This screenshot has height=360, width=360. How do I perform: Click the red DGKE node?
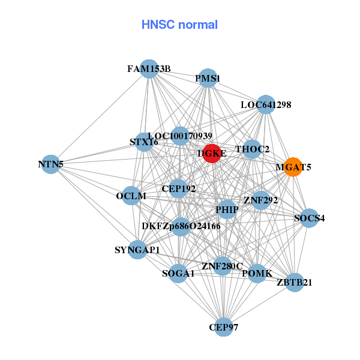pos(212,153)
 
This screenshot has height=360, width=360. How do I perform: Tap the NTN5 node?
pos(51,164)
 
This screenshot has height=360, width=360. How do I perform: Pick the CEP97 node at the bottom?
pos(223,327)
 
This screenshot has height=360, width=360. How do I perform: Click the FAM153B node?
pos(149,69)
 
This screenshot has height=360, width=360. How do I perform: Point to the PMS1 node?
pos(208,78)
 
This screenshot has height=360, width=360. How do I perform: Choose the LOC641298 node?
pos(265,104)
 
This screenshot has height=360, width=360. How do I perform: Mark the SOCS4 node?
pos(304,218)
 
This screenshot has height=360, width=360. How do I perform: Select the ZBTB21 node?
pos(294,281)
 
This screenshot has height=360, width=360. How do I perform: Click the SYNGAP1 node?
pos(137,250)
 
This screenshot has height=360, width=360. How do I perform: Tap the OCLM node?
pos(131,196)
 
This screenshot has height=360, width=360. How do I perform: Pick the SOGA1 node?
pos(178,274)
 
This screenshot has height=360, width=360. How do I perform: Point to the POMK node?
pos(257,273)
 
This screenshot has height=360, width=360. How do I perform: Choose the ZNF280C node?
pos(222,266)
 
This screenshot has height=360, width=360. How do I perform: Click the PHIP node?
pos(227,209)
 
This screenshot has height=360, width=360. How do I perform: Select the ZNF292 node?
pos(260,200)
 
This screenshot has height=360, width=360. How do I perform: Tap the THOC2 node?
pos(252,149)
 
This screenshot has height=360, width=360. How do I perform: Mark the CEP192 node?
pos(178,188)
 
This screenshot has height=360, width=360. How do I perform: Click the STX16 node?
pos(144,142)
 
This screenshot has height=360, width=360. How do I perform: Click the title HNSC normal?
pos(179,25)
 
